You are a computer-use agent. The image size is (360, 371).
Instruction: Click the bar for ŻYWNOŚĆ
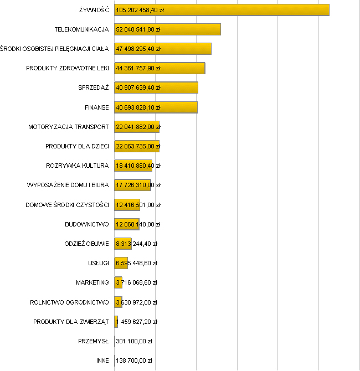222,10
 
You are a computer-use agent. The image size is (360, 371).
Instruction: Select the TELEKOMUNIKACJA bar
167,29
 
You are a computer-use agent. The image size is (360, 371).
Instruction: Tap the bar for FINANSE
156,107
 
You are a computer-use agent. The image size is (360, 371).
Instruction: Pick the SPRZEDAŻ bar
156,87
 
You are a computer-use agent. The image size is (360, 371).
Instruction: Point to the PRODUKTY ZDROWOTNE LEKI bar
160,68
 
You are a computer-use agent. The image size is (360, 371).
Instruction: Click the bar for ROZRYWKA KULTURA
133,166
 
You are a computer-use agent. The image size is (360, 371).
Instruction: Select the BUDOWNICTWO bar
126,224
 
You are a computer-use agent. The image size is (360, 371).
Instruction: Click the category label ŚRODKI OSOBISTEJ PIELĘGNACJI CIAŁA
54,49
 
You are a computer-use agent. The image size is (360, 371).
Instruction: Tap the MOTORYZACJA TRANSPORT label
69,127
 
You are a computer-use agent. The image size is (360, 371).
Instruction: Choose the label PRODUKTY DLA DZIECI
77,146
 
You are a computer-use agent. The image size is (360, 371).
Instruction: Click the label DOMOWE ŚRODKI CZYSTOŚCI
67,205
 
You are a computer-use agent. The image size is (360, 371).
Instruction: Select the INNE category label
102,360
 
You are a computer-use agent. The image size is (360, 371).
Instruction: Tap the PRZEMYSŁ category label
94,341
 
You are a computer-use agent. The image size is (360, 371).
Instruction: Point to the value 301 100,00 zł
134,341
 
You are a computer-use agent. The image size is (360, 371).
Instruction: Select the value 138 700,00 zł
134,360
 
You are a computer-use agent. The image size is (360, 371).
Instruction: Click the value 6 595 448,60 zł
136,263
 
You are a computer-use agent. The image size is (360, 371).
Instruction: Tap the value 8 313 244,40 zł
136,244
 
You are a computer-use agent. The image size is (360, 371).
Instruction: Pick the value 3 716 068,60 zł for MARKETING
136,282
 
